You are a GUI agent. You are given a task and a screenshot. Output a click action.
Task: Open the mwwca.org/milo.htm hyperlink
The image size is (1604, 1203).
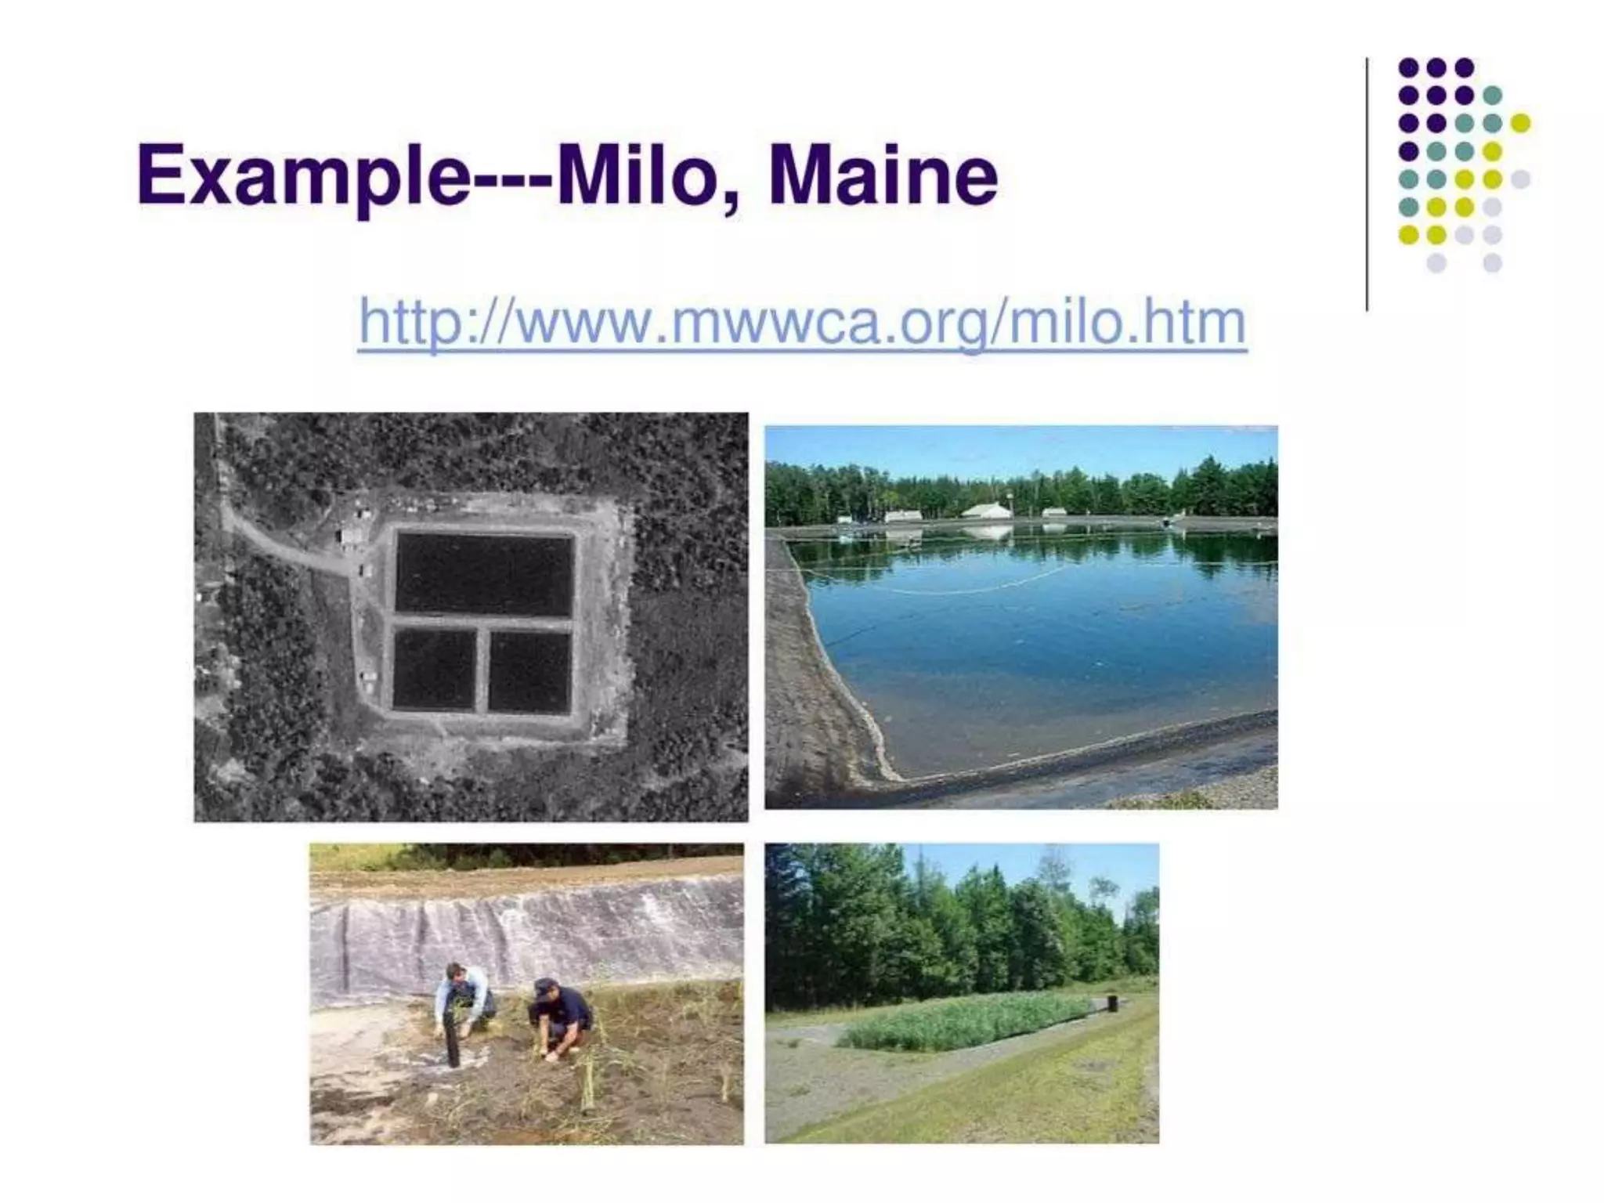[802, 322]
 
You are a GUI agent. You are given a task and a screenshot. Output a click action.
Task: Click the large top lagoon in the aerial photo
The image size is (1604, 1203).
[484, 575]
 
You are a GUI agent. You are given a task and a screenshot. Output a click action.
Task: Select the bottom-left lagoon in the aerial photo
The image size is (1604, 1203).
[434, 669]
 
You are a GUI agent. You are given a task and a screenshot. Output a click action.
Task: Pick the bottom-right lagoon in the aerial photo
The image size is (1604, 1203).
[529, 670]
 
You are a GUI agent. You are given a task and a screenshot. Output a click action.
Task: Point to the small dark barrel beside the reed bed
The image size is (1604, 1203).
[1113, 1002]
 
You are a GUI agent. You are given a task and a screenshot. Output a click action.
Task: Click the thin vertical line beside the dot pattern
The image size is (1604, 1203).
[1367, 184]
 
